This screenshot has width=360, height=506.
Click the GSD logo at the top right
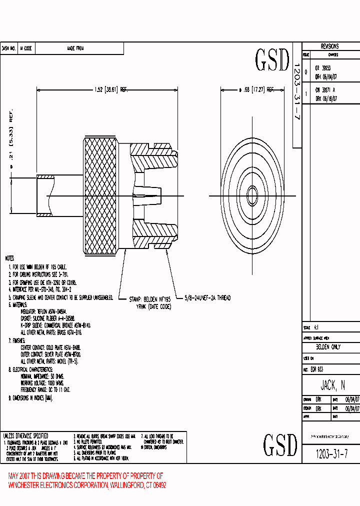[272, 60]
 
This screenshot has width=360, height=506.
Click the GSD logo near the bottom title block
[280, 444]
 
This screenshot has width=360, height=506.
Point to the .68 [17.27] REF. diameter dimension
[256, 90]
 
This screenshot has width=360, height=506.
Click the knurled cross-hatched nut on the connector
[101, 195]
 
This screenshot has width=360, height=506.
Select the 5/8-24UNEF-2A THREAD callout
[207, 298]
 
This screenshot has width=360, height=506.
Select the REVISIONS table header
[329, 46]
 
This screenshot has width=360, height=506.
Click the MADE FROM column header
[75, 48]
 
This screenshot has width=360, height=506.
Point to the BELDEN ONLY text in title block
[328, 346]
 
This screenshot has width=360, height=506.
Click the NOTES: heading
[9, 259]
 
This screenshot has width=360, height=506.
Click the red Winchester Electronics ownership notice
[87, 480]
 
